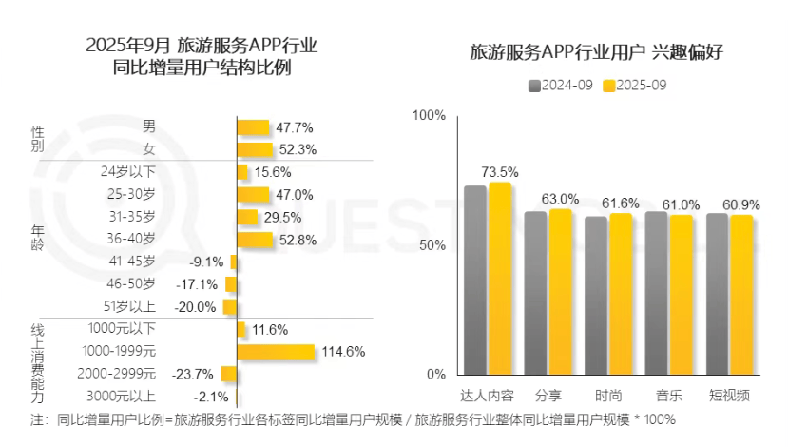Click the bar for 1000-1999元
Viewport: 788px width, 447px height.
(x=275, y=352)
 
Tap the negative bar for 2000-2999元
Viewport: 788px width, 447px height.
(x=228, y=374)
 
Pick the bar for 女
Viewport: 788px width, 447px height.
(x=254, y=149)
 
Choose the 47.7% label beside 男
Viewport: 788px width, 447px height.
(x=295, y=127)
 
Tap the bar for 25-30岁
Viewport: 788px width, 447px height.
(x=253, y=195)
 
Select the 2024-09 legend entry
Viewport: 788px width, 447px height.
(x=561, y=86)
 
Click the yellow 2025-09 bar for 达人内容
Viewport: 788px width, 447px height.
(x=500, y=278)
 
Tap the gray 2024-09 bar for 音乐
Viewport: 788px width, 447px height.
(x=656, y=292)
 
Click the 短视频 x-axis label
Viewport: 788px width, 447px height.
(x=729, y=395)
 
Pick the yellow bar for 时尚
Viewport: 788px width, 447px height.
(x=621, y=293)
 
